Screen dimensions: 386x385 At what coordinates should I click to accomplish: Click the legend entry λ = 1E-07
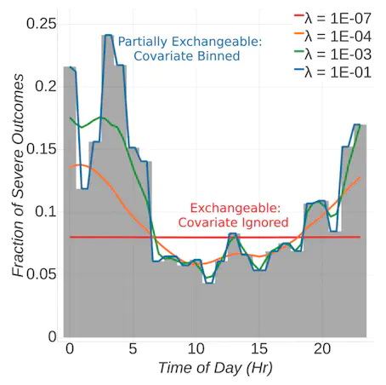(332, 19)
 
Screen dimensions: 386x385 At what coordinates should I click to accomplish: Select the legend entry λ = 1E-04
(332, 37)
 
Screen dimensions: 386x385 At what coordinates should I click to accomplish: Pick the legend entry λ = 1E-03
(332, 55)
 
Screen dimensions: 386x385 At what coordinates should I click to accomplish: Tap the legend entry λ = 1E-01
(332, 72)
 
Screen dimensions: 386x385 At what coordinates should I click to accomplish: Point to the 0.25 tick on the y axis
(42, 24)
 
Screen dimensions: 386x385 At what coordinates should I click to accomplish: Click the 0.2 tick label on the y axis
(46, 86)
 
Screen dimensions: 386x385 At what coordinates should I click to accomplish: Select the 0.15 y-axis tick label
(42, 149)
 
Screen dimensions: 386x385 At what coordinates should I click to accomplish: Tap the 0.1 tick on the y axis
(46, 211)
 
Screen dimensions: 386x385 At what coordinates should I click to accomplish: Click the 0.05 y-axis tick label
(42, 274)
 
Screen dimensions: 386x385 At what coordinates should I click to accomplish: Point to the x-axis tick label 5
(133, 348)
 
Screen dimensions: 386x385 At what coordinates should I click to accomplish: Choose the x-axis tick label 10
(196, 348)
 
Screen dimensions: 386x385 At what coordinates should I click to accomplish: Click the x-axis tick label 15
(259, 348)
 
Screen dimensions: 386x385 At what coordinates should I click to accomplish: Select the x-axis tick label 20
(322, 348)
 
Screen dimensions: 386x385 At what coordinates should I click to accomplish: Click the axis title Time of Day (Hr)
(215, 368)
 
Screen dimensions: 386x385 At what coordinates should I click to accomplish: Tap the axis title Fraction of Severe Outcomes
(18, 175)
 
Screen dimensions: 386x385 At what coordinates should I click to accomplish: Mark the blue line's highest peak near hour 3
(109, 35)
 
